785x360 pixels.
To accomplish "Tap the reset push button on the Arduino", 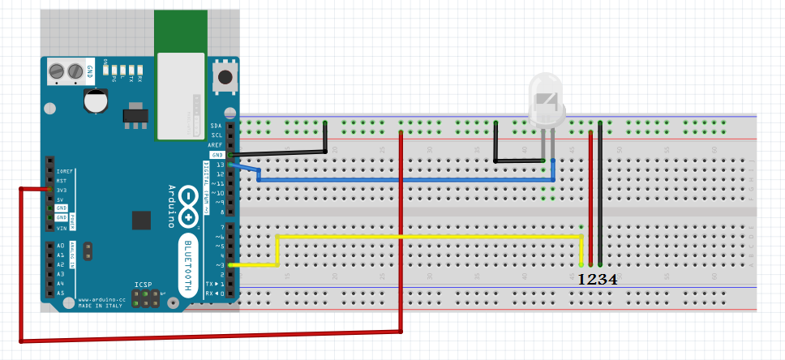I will click(x=224, y=79).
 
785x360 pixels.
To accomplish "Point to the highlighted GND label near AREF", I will click(x=217, y=155).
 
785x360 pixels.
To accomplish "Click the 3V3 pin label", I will click(x=62, y=190).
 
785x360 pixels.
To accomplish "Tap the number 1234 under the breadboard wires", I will click(x=597, y=279).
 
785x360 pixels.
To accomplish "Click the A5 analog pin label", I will click(x=60, y=293).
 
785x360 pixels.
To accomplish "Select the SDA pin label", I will click(x=216, y=126).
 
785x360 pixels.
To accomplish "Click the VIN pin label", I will click(x=61, y=227).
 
